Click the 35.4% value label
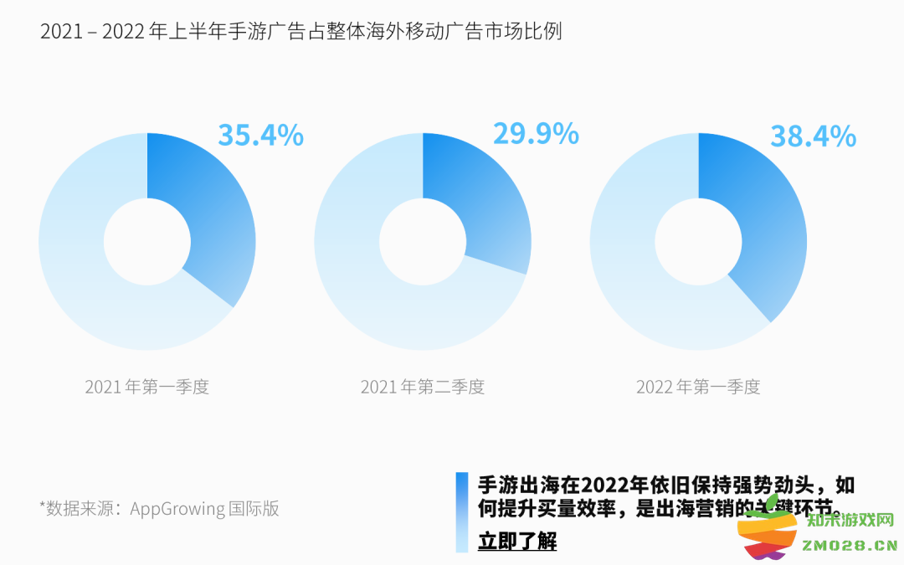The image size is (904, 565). (x=260, y=135)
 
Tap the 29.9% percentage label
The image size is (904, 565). (x=536, y=133)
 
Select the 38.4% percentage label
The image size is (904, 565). (x=813, y=136)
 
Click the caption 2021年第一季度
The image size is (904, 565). (x=146, y=387)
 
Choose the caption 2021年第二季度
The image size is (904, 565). (x=422, y=387)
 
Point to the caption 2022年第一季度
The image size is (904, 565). (x=698, y=387)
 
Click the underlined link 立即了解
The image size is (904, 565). (x=516, y=541)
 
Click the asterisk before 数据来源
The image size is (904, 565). (x=43, y=506)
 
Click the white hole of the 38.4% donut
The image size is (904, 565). (x=698, y=241)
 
